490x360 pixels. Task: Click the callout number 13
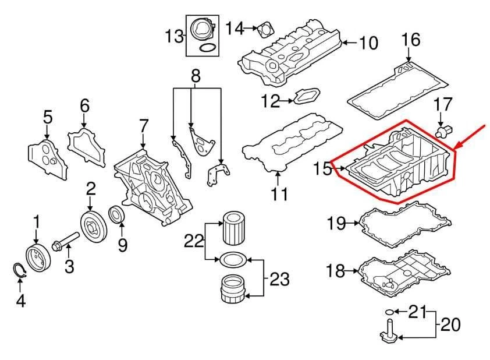coord(173,37)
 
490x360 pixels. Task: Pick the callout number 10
coord(368,43)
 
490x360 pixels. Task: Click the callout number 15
coord(321,170)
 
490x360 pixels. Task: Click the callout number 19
coord(336,223)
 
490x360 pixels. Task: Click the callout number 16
coord(411,40)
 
